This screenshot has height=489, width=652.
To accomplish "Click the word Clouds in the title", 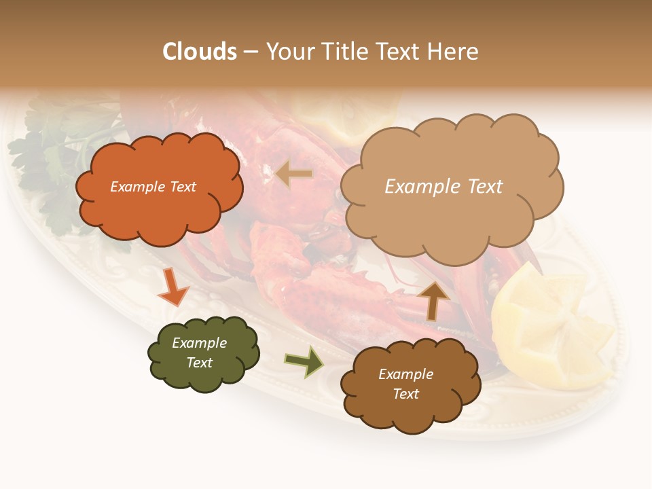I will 200,52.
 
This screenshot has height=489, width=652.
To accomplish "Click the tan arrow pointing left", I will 295,175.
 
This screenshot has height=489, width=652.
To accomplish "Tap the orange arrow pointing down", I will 173,288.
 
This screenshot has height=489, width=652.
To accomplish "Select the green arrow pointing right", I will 304,361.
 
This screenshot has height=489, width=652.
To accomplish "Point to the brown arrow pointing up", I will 433,300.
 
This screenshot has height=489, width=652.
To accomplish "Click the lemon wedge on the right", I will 550,326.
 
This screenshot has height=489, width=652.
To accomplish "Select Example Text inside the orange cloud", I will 153,187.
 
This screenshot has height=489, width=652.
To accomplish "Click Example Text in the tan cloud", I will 443,187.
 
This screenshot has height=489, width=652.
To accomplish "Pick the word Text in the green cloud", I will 199,363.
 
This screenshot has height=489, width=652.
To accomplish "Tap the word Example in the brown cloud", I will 405,374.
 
